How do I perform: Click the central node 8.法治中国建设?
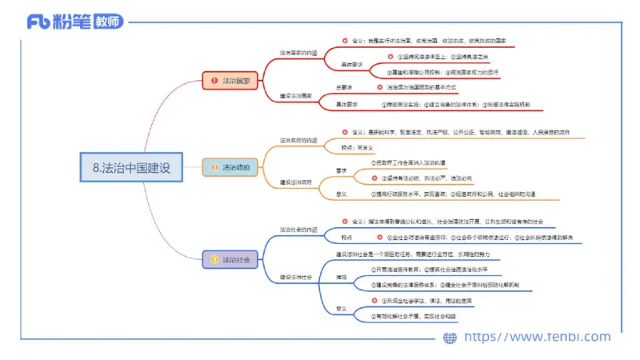(131, 168)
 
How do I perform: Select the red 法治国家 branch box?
(232, 81)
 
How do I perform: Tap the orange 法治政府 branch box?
(232, 168)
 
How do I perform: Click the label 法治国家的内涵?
(298, 53)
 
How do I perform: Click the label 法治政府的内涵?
(298, 140)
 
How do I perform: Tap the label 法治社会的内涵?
(298, 230)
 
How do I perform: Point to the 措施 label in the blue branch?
(341, 277)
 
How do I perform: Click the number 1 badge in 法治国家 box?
(214, 81)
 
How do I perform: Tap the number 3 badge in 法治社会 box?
(214, 259)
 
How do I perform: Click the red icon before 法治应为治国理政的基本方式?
(378, 86)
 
